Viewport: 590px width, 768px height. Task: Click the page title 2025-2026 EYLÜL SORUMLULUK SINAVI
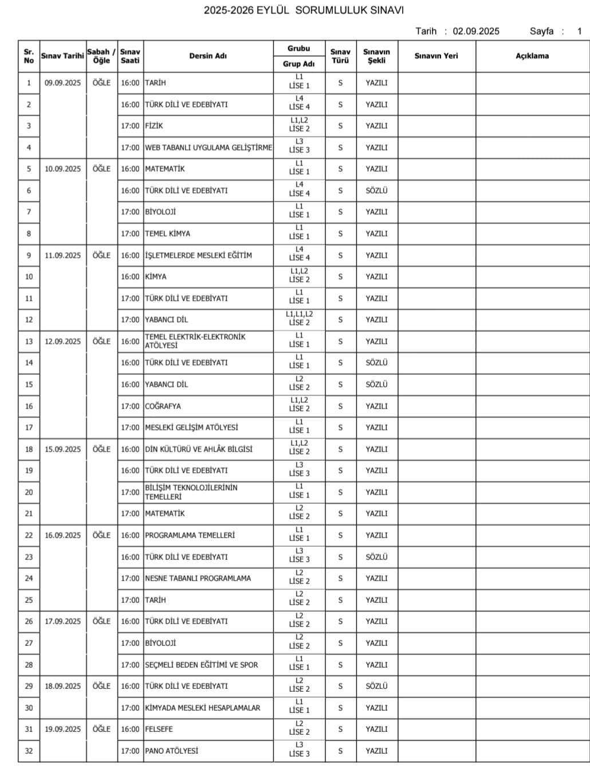(x=304, y=10)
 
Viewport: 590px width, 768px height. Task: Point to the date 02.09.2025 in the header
(x=476, y=32)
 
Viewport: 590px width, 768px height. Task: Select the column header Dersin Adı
(x=208, y=56)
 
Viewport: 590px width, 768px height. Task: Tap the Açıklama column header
(x=532, y=56)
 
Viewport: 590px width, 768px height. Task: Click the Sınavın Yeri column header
(x=436, y=56)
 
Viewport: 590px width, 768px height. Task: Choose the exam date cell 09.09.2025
(x=63, y=83)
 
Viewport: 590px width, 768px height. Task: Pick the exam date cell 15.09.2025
(x=63, y=449)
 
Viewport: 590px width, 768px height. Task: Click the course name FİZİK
(x=154, y=126)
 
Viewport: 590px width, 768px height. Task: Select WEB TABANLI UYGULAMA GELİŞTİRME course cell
(x=209, y=148)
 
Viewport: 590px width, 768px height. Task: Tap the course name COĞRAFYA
(x=163, y=406)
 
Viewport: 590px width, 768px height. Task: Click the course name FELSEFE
(x=159, y=730)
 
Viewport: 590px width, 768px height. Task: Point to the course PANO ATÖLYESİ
(x=171, y=751)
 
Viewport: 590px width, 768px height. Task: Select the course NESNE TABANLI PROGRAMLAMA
(x=198, y=578)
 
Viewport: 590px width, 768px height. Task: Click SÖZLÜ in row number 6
(x=376, y=191)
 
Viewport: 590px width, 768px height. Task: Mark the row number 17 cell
(x=29, y=428)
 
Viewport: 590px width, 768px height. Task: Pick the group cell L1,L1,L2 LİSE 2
(x=299, y=319)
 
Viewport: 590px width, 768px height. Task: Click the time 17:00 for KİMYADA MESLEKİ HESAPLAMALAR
(x=130, y=708)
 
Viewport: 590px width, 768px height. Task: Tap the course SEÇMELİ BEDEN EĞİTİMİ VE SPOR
(x=201, y=665)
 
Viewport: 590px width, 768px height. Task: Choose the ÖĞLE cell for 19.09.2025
(x=101, y=730)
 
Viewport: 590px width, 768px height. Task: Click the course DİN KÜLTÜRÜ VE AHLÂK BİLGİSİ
(x=198, y=449)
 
